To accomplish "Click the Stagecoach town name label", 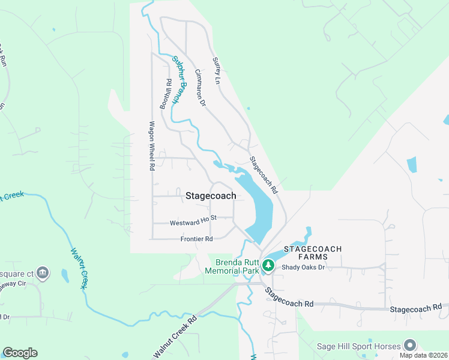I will [x=211, y=196].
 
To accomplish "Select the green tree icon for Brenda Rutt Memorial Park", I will [x=268, y=265].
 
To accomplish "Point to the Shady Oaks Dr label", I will [x=303, y=268].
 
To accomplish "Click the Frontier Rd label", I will [x=196, y=239].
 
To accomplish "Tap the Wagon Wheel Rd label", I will [x=152, y=146].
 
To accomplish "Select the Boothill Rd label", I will [x=166, y=94].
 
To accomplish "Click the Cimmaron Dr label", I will [x=200, y=88].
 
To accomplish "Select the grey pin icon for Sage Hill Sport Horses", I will [x=410, y=345].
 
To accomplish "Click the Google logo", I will [x=20, y=353].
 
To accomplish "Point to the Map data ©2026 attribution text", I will [x=423, y=355].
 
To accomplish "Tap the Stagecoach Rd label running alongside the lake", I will [x=264, y=175].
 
